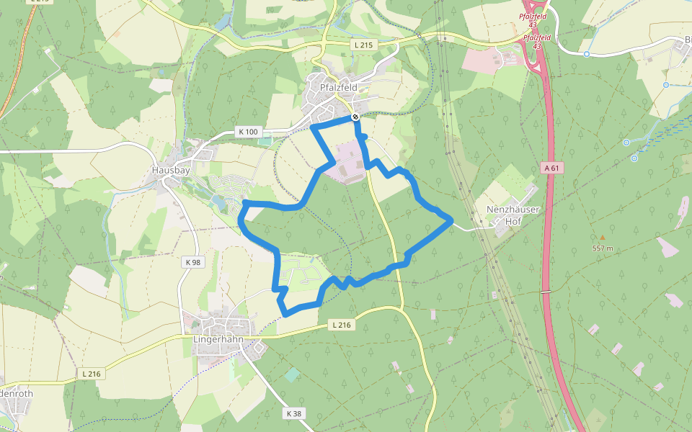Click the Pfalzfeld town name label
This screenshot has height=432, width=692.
339,87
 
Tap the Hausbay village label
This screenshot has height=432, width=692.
171,171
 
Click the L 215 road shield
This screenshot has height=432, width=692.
365,45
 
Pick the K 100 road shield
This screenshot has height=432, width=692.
247,132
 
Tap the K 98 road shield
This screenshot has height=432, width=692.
192,262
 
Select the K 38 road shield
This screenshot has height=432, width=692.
293,413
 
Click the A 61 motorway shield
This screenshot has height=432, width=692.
551,168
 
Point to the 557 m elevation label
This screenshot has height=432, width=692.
603,248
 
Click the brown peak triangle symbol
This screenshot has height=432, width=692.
603,237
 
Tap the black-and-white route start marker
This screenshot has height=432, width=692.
355,117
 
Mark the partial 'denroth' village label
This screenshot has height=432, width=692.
16,394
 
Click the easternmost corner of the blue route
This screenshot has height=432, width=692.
452,221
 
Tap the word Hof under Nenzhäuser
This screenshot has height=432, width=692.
513,222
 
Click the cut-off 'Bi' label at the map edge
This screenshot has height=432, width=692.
688,39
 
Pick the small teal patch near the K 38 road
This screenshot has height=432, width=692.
291,375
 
